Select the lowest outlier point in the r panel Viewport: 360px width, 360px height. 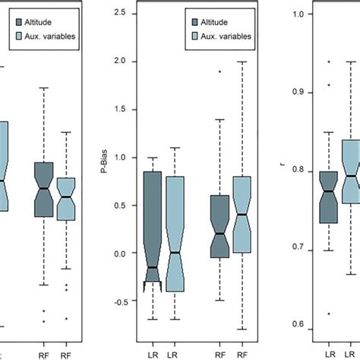coord(329,313)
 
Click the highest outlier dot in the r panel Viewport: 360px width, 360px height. coord(329,62)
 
